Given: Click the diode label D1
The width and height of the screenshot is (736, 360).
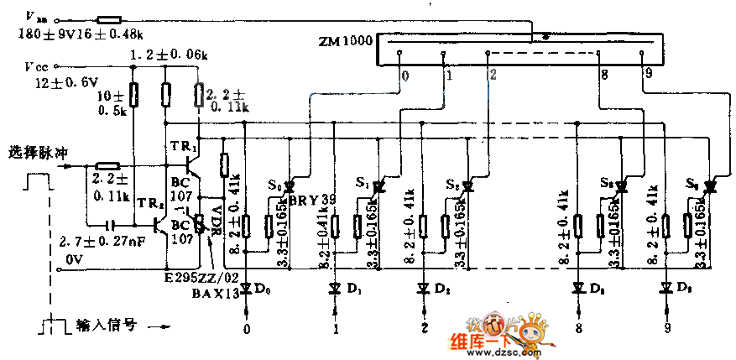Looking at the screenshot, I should (352, 290).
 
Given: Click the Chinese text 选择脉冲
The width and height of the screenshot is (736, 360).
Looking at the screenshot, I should (36, 152).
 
